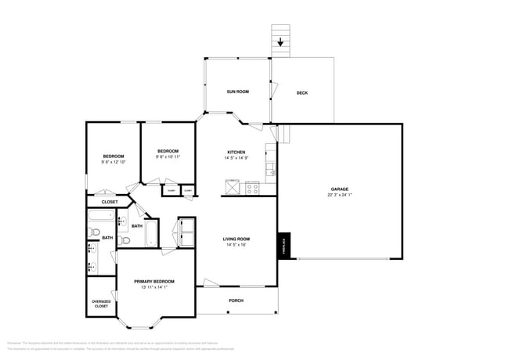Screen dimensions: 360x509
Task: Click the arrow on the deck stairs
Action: [x=281, y=43]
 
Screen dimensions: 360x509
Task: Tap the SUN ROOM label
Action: [x=238, y=92]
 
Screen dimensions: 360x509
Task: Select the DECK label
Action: [x=302, y=93]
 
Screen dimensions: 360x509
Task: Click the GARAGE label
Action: [x=339, y=189]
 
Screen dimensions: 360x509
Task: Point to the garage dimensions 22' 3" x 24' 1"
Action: [x=339, y=195]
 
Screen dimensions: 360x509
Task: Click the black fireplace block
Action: [x=284, y=246]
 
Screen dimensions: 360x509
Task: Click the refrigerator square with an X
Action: [x=232, y=186]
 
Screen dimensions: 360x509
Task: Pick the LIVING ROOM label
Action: [x=236, y=239]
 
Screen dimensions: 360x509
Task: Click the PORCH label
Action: [x=236, y=301]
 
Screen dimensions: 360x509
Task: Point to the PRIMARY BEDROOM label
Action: [x=153, y=282]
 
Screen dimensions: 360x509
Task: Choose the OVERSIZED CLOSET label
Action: [x=102, y=304]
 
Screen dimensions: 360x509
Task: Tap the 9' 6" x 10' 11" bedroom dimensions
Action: [x=168, y=157]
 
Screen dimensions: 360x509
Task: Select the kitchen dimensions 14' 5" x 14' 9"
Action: [x=236, y=158]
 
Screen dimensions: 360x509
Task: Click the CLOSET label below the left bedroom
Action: [x=110, y=202]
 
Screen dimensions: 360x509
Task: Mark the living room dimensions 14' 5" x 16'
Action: [x=236, y=245]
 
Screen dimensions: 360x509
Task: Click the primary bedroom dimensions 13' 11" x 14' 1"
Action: [x=153, y=287]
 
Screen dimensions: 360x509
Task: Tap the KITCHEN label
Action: [x=236, y=152]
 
